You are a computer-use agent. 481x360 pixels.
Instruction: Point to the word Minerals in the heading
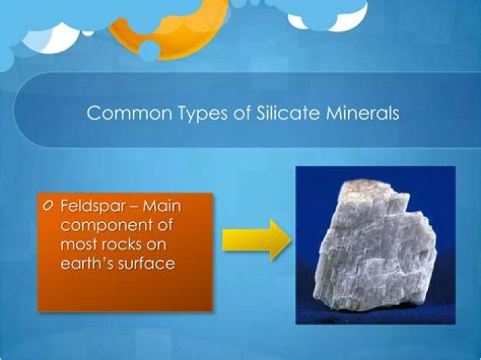point(359,113)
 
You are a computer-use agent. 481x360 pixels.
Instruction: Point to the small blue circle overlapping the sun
point(150,49)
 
